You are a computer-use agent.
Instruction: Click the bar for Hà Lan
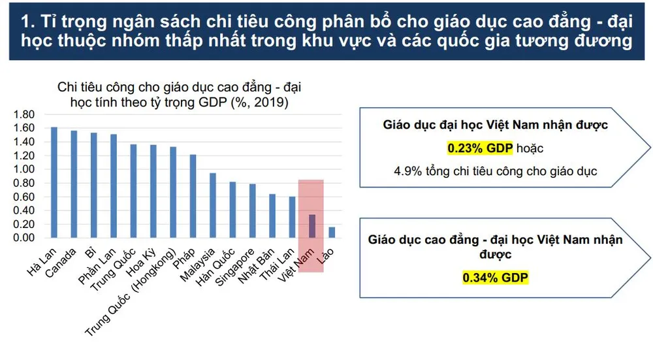pos(54,182)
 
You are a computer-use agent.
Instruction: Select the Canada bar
pos(74,184)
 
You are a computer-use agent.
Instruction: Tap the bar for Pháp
pos(193,196)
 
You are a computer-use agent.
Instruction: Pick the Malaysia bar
pos(213,205)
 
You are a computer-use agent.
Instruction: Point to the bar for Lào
pos(332,233)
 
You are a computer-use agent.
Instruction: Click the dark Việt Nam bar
pos(312,226)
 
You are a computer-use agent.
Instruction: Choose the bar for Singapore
pos(252,211)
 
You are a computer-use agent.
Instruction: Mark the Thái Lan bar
pos(292,217)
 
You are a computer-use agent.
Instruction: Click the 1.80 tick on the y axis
pos(24,114)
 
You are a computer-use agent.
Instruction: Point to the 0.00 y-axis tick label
pos(24,238)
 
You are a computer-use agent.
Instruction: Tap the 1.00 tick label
pos(24,169)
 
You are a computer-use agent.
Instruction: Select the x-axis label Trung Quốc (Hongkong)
pos(131,292)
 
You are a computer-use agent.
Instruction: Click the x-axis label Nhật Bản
pos(256,266)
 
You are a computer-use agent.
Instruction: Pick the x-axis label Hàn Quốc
pos(215,267)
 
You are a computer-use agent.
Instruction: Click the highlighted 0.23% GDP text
pos(480,148)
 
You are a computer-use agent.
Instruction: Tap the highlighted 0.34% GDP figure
pos(495,278)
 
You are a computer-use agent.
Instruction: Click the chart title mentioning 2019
pos(179,95)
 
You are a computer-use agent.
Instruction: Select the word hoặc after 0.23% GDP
pos(530,148)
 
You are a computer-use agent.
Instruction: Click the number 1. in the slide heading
pos(27,22)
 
